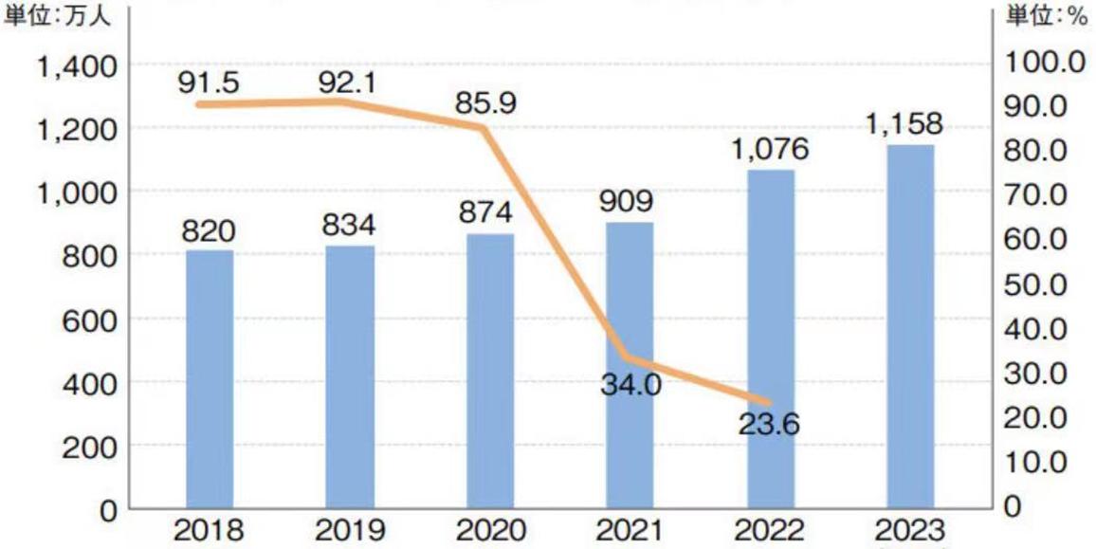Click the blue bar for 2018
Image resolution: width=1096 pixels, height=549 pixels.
coord(210,379)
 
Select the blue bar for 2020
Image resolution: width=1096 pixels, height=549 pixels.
coord(490,371)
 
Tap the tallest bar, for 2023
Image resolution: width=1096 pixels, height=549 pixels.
coord(910,326)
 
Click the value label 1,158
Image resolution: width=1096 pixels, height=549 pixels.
coord(904,123)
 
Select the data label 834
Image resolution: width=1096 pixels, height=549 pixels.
coord(349,226)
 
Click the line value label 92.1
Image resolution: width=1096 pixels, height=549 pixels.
coord(347,82)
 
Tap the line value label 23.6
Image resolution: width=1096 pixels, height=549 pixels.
coord(769,424)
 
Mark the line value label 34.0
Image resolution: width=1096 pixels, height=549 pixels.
coord(630,385)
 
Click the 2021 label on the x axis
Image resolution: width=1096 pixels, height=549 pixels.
coord(628,529)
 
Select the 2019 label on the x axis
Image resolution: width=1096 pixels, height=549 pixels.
coord(348,529)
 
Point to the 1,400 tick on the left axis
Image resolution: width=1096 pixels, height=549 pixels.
coord(75,65)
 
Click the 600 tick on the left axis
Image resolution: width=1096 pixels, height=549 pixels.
coord(87,319)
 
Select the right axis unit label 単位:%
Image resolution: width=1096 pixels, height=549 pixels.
coord(1047,19)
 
